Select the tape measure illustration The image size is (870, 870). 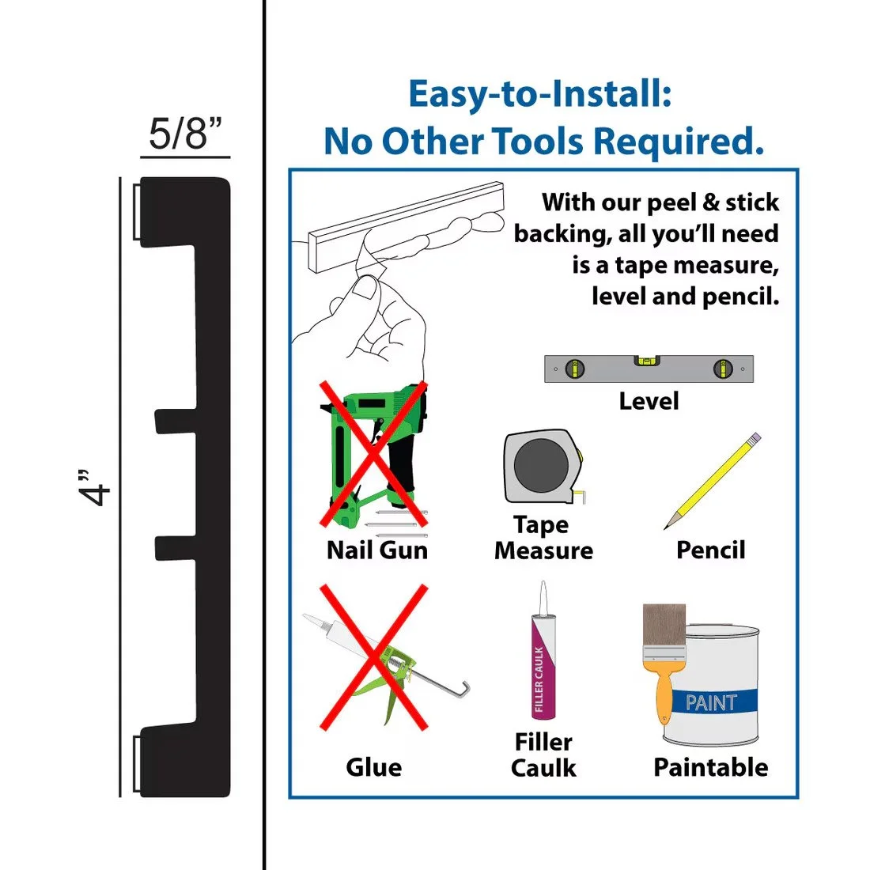click(x=543, y=467)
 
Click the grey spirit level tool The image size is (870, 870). click(x=649, y=369)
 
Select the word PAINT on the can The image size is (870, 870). click(x=711, y=702)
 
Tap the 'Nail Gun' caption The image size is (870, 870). click(x=377, y=550)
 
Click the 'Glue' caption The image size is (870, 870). click(x=373, y=767)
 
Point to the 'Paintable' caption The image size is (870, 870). click(x=710, y=767)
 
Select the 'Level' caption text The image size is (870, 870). click(x=649, y=401)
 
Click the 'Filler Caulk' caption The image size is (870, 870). click(x=543, y=755)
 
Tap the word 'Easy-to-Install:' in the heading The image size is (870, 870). click(x=540, y=94)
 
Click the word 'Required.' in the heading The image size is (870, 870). click(x=679, y=142)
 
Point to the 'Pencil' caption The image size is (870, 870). click(x=710, y=550)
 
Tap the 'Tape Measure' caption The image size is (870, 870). click(x=543, y=538)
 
